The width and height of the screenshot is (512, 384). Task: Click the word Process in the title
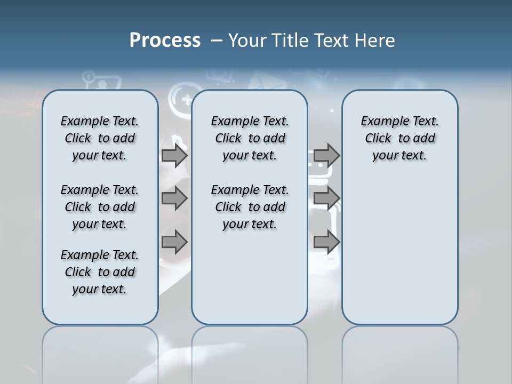pos(165,41)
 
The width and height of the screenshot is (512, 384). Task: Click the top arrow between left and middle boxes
pos(174,155)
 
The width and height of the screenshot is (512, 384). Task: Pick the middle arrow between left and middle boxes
pos(174,198)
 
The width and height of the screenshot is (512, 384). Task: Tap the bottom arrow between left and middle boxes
pos(174,242)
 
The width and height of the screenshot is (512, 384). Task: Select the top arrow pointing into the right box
pos(326,155)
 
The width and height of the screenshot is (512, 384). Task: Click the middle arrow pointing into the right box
pos(326,198)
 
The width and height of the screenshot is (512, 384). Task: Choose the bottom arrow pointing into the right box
pos(326,242)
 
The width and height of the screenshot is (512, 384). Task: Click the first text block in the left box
pos(100,138)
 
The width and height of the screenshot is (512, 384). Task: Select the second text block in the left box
pos(100,207)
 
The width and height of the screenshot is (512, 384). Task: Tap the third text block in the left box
pos(100,272)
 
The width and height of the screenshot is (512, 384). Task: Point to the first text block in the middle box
pos(250,138)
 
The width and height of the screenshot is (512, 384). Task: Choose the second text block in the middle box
pos(250,207)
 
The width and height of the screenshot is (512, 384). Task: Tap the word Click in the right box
pos(378,139)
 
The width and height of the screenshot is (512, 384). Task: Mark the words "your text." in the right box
pos(399,156)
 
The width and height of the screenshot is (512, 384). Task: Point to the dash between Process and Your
pos(217,41)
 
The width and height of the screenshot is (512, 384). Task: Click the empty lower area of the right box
pos(399,251)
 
